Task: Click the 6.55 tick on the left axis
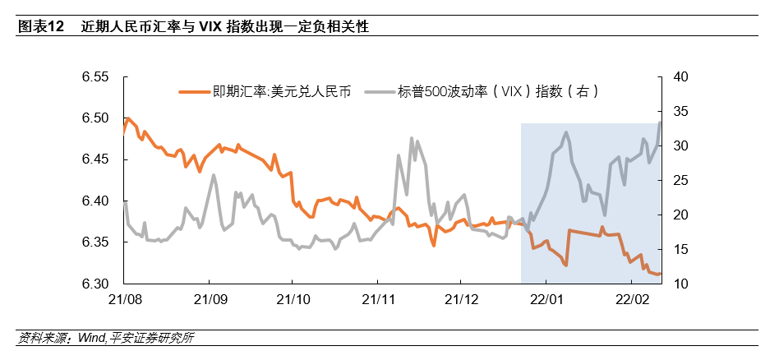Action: pos(95,77)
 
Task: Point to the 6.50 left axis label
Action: pos(95,118)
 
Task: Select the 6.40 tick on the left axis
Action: pos(95,201)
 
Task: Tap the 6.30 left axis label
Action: pos(95,284)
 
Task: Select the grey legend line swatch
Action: pos(379,91)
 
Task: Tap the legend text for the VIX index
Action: pos(496,91)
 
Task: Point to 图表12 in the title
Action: pos(40,26)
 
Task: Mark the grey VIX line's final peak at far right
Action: pos(661,122)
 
